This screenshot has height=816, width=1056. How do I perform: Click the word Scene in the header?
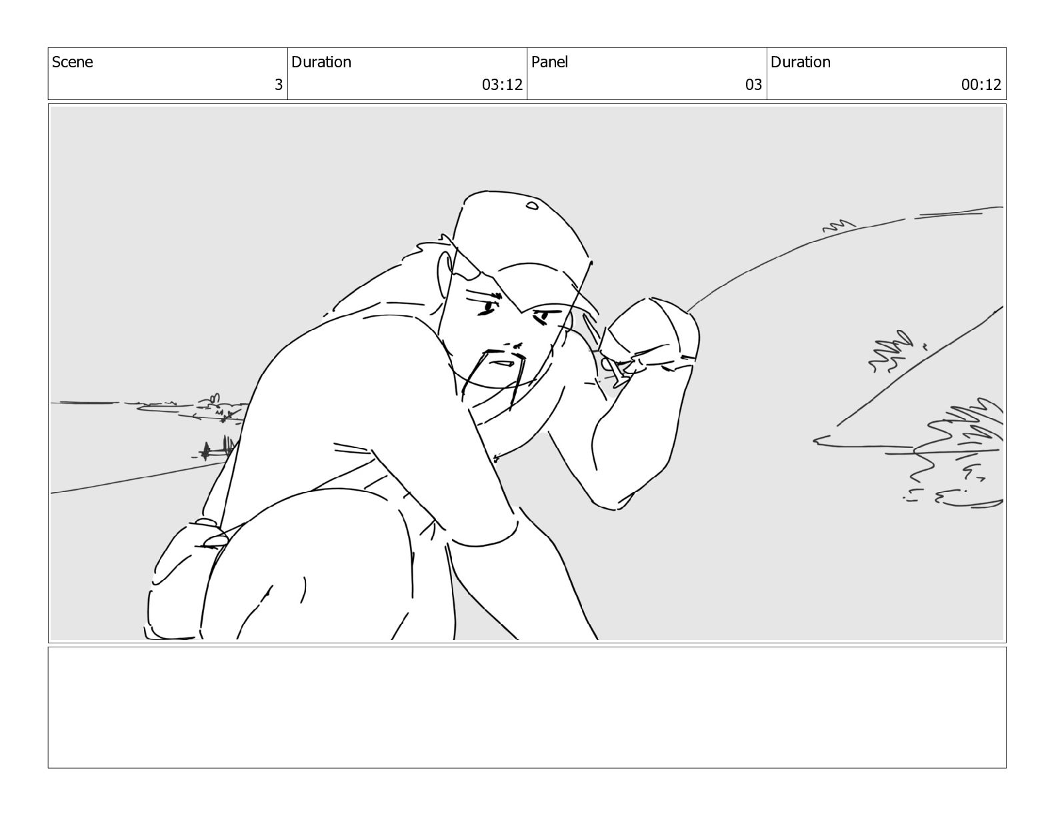click(72, 62)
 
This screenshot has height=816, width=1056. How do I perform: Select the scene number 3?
click(279, 85)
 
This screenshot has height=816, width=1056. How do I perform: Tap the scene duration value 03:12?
click(502, 85)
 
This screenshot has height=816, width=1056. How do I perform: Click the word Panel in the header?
click(549, 62)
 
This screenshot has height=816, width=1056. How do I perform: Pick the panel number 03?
click(753, 85)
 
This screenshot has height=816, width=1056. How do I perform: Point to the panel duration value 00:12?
click(981, 85)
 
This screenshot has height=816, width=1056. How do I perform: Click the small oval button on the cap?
click(533, 205)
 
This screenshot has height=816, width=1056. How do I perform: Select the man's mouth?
click(501, 363)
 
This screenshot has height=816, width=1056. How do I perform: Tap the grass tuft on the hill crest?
click(838, 225)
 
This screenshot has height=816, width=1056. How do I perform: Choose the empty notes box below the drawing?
click(527, 707)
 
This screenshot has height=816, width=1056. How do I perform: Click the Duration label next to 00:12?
click(801, 62)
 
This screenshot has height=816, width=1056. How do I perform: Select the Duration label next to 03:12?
click(321, 62)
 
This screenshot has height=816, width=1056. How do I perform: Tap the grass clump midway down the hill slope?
click(890, 351)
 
